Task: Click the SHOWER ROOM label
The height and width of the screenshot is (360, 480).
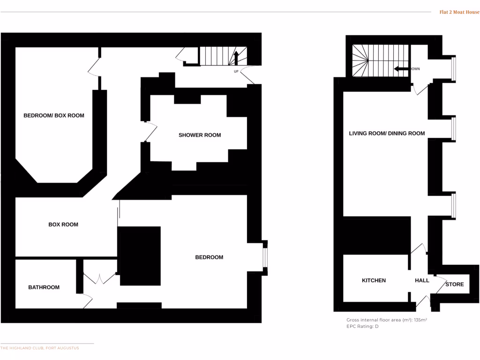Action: pyautogui.click(x=200, y=135)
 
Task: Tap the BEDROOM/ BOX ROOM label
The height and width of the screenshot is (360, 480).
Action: pyautogui.click(x=54, y=115)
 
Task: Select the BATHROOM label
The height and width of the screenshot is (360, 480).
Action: pyautogui.click(x=44, y=287)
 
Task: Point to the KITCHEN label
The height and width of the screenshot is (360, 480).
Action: pyautogui.click(x=374, y=280)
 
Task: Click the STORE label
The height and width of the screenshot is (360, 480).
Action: pyautogui.click(x=454, y=285)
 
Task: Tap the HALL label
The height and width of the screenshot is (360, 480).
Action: pyautogui.click(x=422, y=280)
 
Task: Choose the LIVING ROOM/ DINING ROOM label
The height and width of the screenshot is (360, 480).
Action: pyautogui.click(x=387, y=134)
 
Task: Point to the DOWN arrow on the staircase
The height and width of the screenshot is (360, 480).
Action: pyautogui.click(x=401, y=69)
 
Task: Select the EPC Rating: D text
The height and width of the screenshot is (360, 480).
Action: pyautogui.click(x=362, y=326)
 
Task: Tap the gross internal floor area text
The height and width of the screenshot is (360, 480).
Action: pyautogui.click(x=387, y=320)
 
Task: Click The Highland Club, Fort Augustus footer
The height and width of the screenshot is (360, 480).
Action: pyautogui.click(x=40, y=348)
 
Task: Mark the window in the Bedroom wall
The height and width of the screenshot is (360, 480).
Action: pyautogui.click(x=265, y=257)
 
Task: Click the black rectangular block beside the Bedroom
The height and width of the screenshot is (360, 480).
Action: pyautogui.click(x=140, y=255)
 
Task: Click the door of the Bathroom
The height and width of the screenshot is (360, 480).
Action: pyautogui.click(x=87, y=301)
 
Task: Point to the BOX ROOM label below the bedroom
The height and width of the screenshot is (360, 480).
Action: pyautogui.click(x=63, y=225)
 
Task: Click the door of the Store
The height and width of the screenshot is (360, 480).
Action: pyautogui.click(x=440, y=284)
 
